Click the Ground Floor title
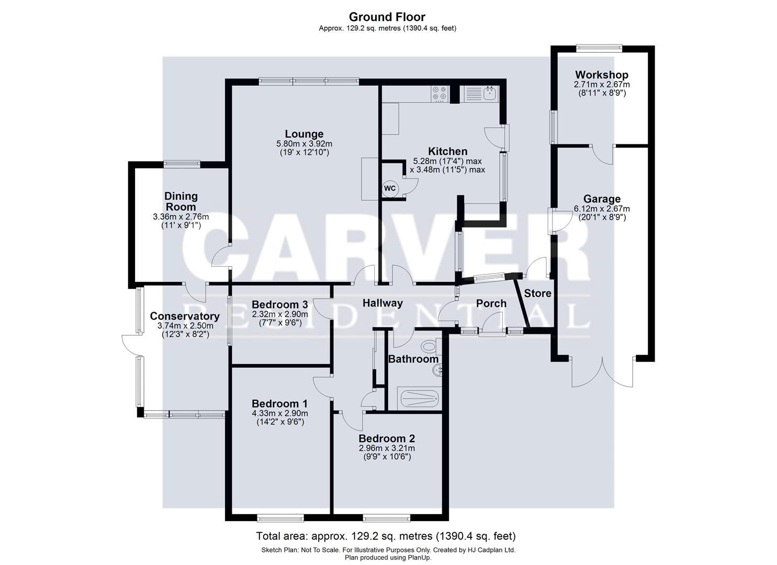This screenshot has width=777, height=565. pyautogui.click(x=387, y=17)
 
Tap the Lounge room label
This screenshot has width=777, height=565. pyautogui.click(x=304, y=134)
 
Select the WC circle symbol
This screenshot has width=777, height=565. pyautogui.click(x=390, y=188)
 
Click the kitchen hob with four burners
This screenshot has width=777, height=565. pyautogui.click(x=440, y=93)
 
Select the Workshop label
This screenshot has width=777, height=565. pyautogui.click(x=602, y=75)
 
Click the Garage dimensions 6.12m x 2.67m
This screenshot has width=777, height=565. pyautogui.click(x=602, y=208)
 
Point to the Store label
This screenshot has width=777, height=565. pyautogui.click(x=538, y=293)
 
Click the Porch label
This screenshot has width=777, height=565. pyautogui.click(x=491, y=303)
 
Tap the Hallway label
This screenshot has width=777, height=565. pyautogui.click(x=382, y=303)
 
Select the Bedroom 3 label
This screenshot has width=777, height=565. pyautogui.click(x=279, y=304)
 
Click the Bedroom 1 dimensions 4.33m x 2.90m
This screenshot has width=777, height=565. pyautogui.click(x=279, y=413)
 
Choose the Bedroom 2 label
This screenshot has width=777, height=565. pyautogui.click(x=387, y=438)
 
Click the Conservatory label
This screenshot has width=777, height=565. pyautogui.click(x=184, y=316)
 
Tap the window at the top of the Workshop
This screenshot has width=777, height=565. pyautogui.click(x=600, y=48)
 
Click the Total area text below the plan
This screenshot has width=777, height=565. pyautogui.click(x=386, y=536)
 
